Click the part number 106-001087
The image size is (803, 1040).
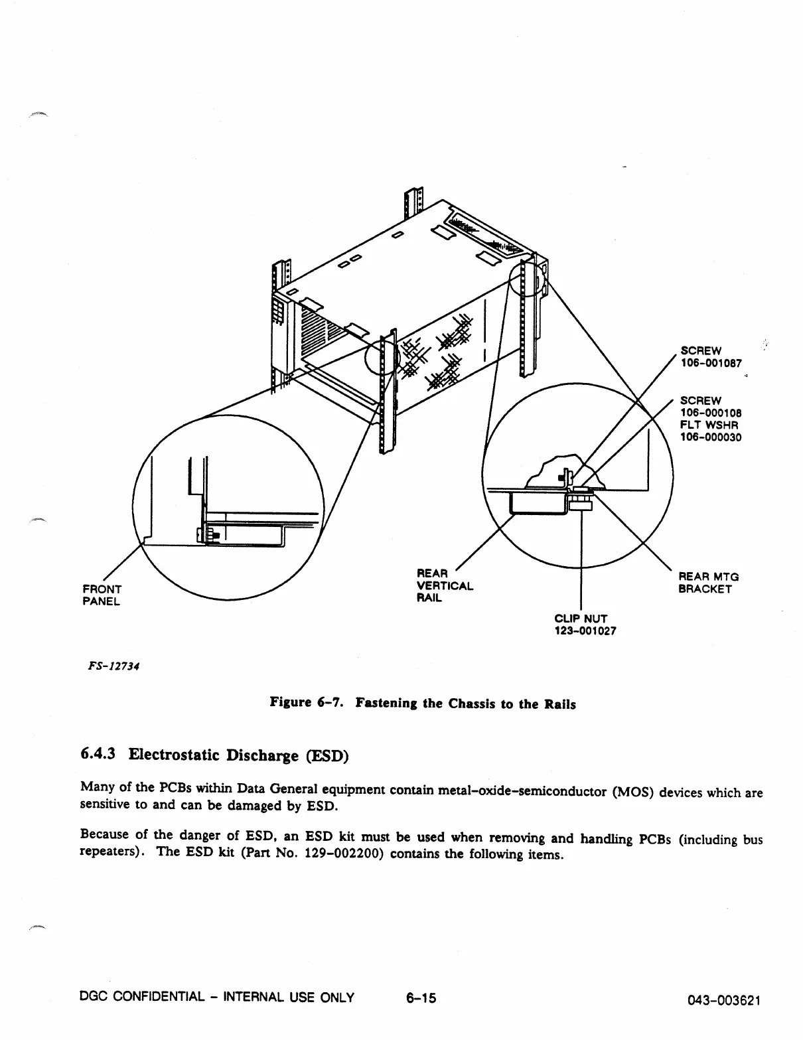[711, 363]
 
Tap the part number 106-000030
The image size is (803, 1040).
[711, 437]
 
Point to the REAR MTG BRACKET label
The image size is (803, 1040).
[708, 583]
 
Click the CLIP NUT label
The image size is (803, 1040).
[581, 619]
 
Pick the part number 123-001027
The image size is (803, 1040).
[585, 631]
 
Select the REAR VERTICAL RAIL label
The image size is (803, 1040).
[444, 585]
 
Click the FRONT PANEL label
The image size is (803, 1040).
[102, 595]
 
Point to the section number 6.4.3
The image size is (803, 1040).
[98, 754]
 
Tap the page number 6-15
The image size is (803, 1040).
[421, 997]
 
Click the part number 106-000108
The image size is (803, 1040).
[711, 413]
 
